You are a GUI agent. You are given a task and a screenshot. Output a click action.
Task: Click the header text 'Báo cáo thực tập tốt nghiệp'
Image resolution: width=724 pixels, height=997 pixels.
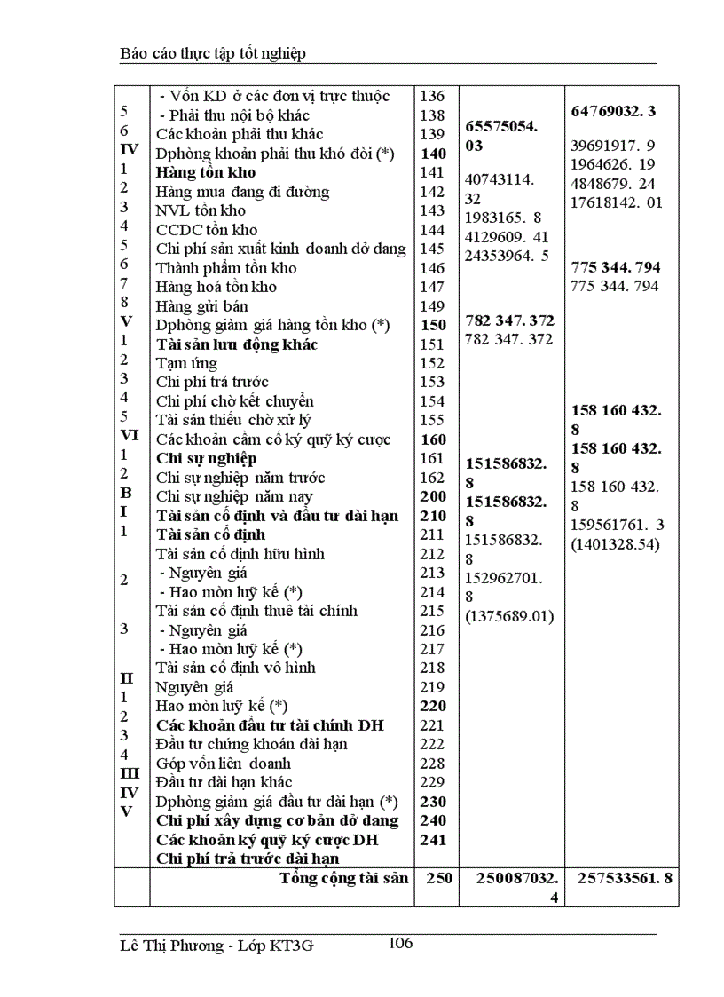click(x=213, y=54)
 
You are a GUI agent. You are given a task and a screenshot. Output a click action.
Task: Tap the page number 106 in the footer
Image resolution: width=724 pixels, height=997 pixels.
click(x=401, y=943)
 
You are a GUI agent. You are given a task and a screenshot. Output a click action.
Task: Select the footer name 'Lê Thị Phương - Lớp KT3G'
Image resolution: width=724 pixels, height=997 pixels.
click(x=216, y=946)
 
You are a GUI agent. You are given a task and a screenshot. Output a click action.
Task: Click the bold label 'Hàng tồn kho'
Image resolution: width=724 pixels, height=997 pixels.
click(x=205, y=172)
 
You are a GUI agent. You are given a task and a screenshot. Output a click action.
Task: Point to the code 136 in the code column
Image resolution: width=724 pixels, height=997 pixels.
click(x=431, y=96)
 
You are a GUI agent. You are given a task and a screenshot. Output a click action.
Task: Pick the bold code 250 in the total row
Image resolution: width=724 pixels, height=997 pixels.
click(x=439, y=879)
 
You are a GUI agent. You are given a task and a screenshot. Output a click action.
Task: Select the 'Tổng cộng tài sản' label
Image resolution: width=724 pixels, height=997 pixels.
click(x=344, y=879)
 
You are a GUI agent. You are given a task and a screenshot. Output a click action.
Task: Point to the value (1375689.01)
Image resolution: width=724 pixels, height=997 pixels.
click(x=509, y=615)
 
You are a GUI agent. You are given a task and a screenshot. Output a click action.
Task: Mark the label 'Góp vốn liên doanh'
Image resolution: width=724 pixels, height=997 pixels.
click(x=223, y=763)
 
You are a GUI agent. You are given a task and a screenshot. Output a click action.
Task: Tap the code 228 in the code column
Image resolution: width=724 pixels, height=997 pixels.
click(x=431, y=763)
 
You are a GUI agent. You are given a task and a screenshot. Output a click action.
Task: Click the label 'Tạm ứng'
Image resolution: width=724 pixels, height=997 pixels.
click(x=185, y=363)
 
